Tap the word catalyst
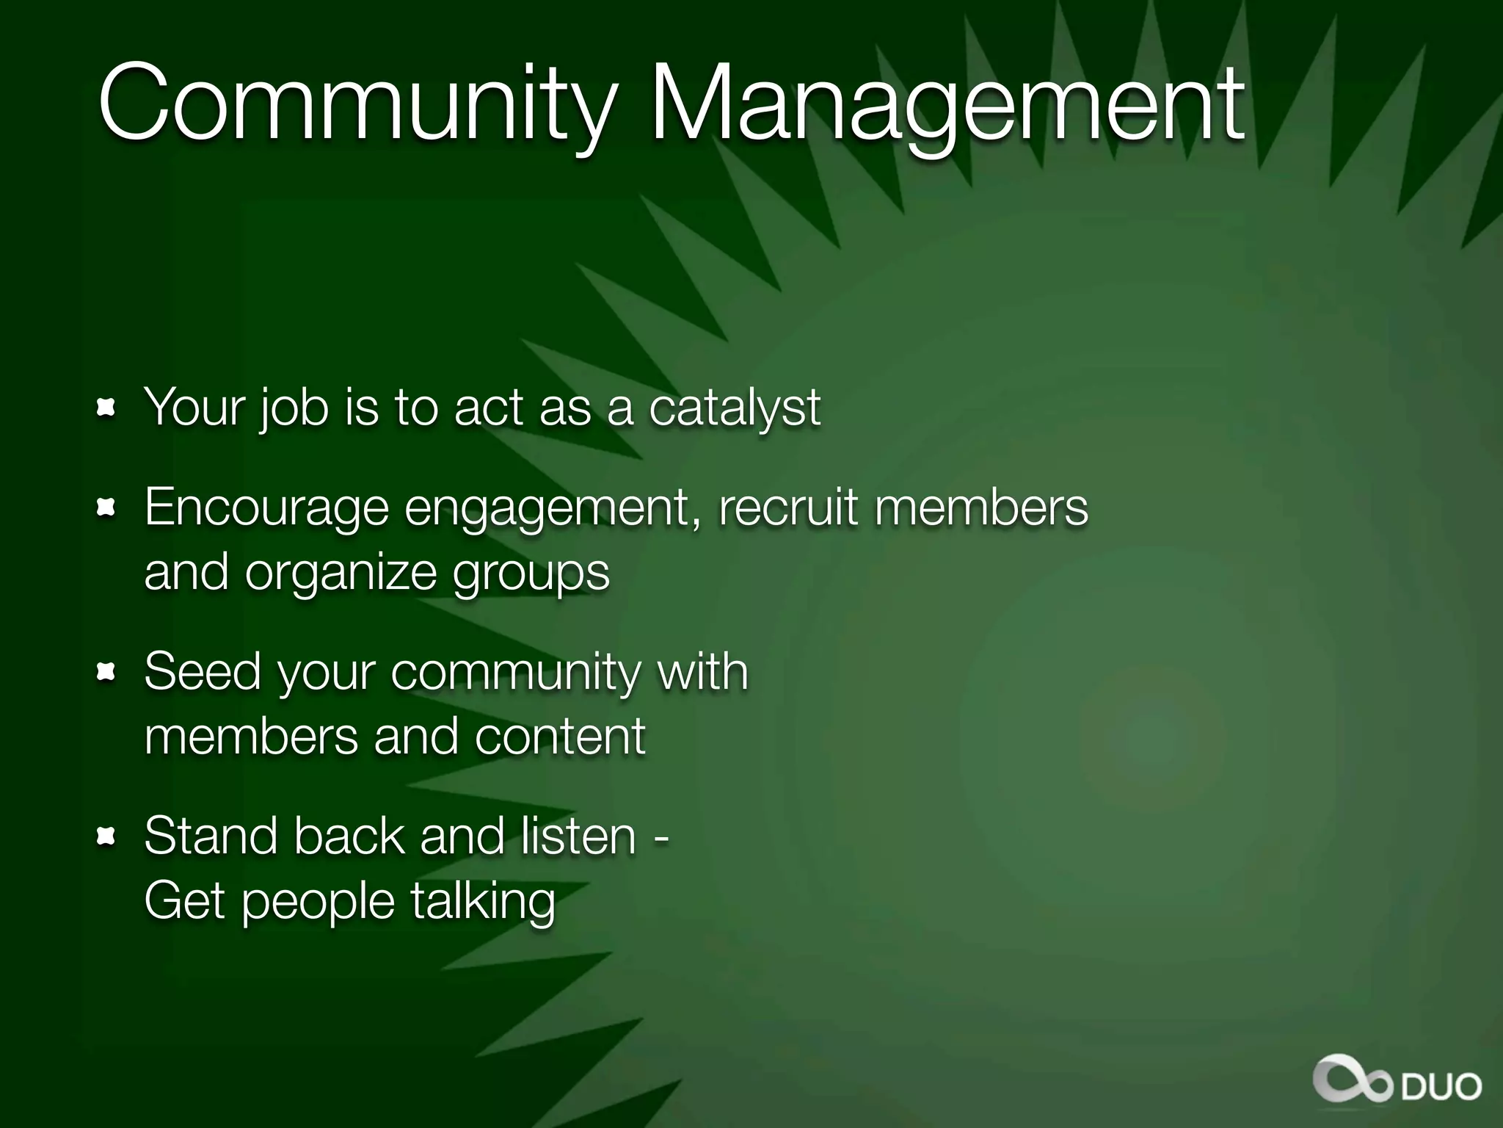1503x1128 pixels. [x=735, y=408]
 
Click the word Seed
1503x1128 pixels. [x=203, y=671]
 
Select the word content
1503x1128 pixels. [x=560, y=737]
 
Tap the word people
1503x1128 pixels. [x=319, y=903]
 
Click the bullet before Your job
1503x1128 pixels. [x=107, y=408]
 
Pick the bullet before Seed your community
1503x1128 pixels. [x=107, y=671]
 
